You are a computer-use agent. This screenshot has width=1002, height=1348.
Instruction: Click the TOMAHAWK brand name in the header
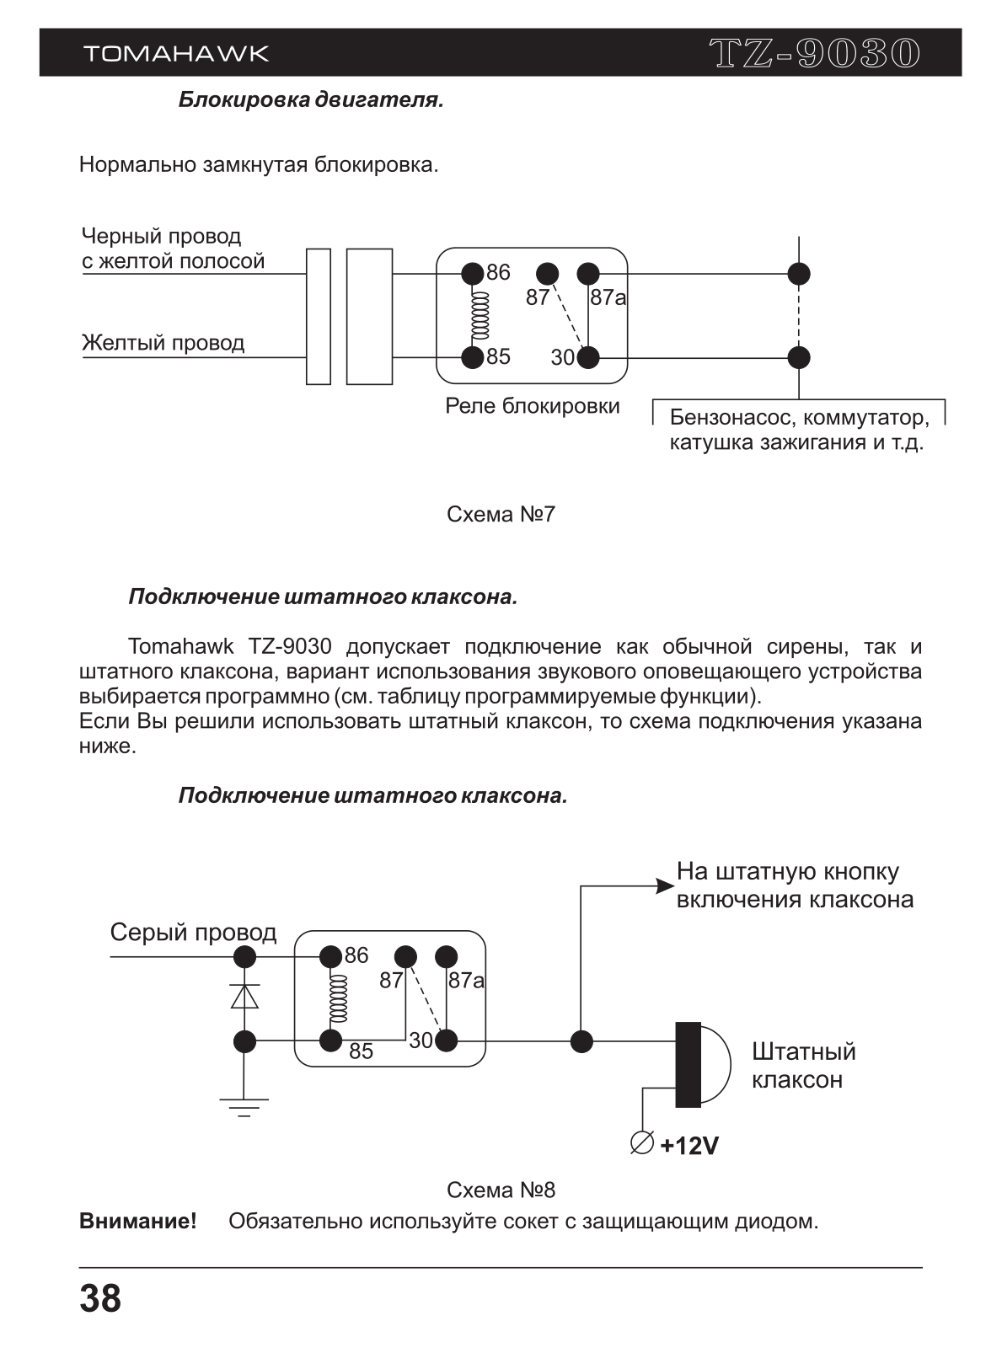[176, 53]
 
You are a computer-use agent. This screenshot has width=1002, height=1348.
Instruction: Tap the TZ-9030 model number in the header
[815, 53]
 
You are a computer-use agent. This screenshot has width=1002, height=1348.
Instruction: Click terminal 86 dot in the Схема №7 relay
[473, 274]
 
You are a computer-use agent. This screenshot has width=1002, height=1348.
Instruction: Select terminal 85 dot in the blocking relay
[473, 358]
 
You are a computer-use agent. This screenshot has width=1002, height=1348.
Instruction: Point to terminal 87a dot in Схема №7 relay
[588, 274]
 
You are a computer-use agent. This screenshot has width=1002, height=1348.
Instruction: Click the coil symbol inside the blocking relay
[480, 315]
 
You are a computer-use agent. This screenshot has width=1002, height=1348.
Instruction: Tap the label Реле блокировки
[532, 406]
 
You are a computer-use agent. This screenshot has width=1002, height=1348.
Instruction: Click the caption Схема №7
[501, 514]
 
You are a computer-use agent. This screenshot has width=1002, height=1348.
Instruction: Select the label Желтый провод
[163, 343]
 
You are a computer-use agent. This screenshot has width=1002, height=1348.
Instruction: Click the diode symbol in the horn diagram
[244, 996]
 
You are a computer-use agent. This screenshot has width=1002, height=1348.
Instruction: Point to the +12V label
[689, 1146]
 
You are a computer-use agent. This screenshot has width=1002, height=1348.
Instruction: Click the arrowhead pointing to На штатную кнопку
[666, 886]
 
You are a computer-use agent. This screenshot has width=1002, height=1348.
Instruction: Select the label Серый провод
[193, 933]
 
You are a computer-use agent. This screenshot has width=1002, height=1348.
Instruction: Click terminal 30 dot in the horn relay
[447, 1041]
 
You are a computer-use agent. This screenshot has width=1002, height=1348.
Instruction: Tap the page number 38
[100, 1299]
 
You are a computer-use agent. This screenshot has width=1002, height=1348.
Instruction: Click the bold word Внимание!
[138, 1221]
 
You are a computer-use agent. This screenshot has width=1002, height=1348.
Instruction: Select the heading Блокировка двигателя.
[311, 100]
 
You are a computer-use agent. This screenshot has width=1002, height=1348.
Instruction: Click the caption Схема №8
[501, 1190]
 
